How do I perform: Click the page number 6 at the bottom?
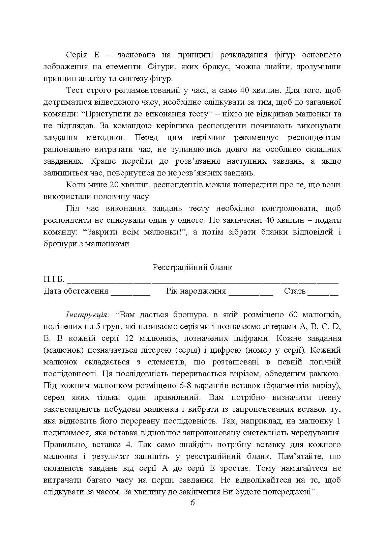click(x=192, y=502)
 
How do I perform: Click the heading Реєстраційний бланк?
click(x=192, y=267)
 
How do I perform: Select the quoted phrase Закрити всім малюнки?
click(x=135, y=232)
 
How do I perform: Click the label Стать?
click(x=294, y=291)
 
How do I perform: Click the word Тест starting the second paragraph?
click(x=75, y=90)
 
